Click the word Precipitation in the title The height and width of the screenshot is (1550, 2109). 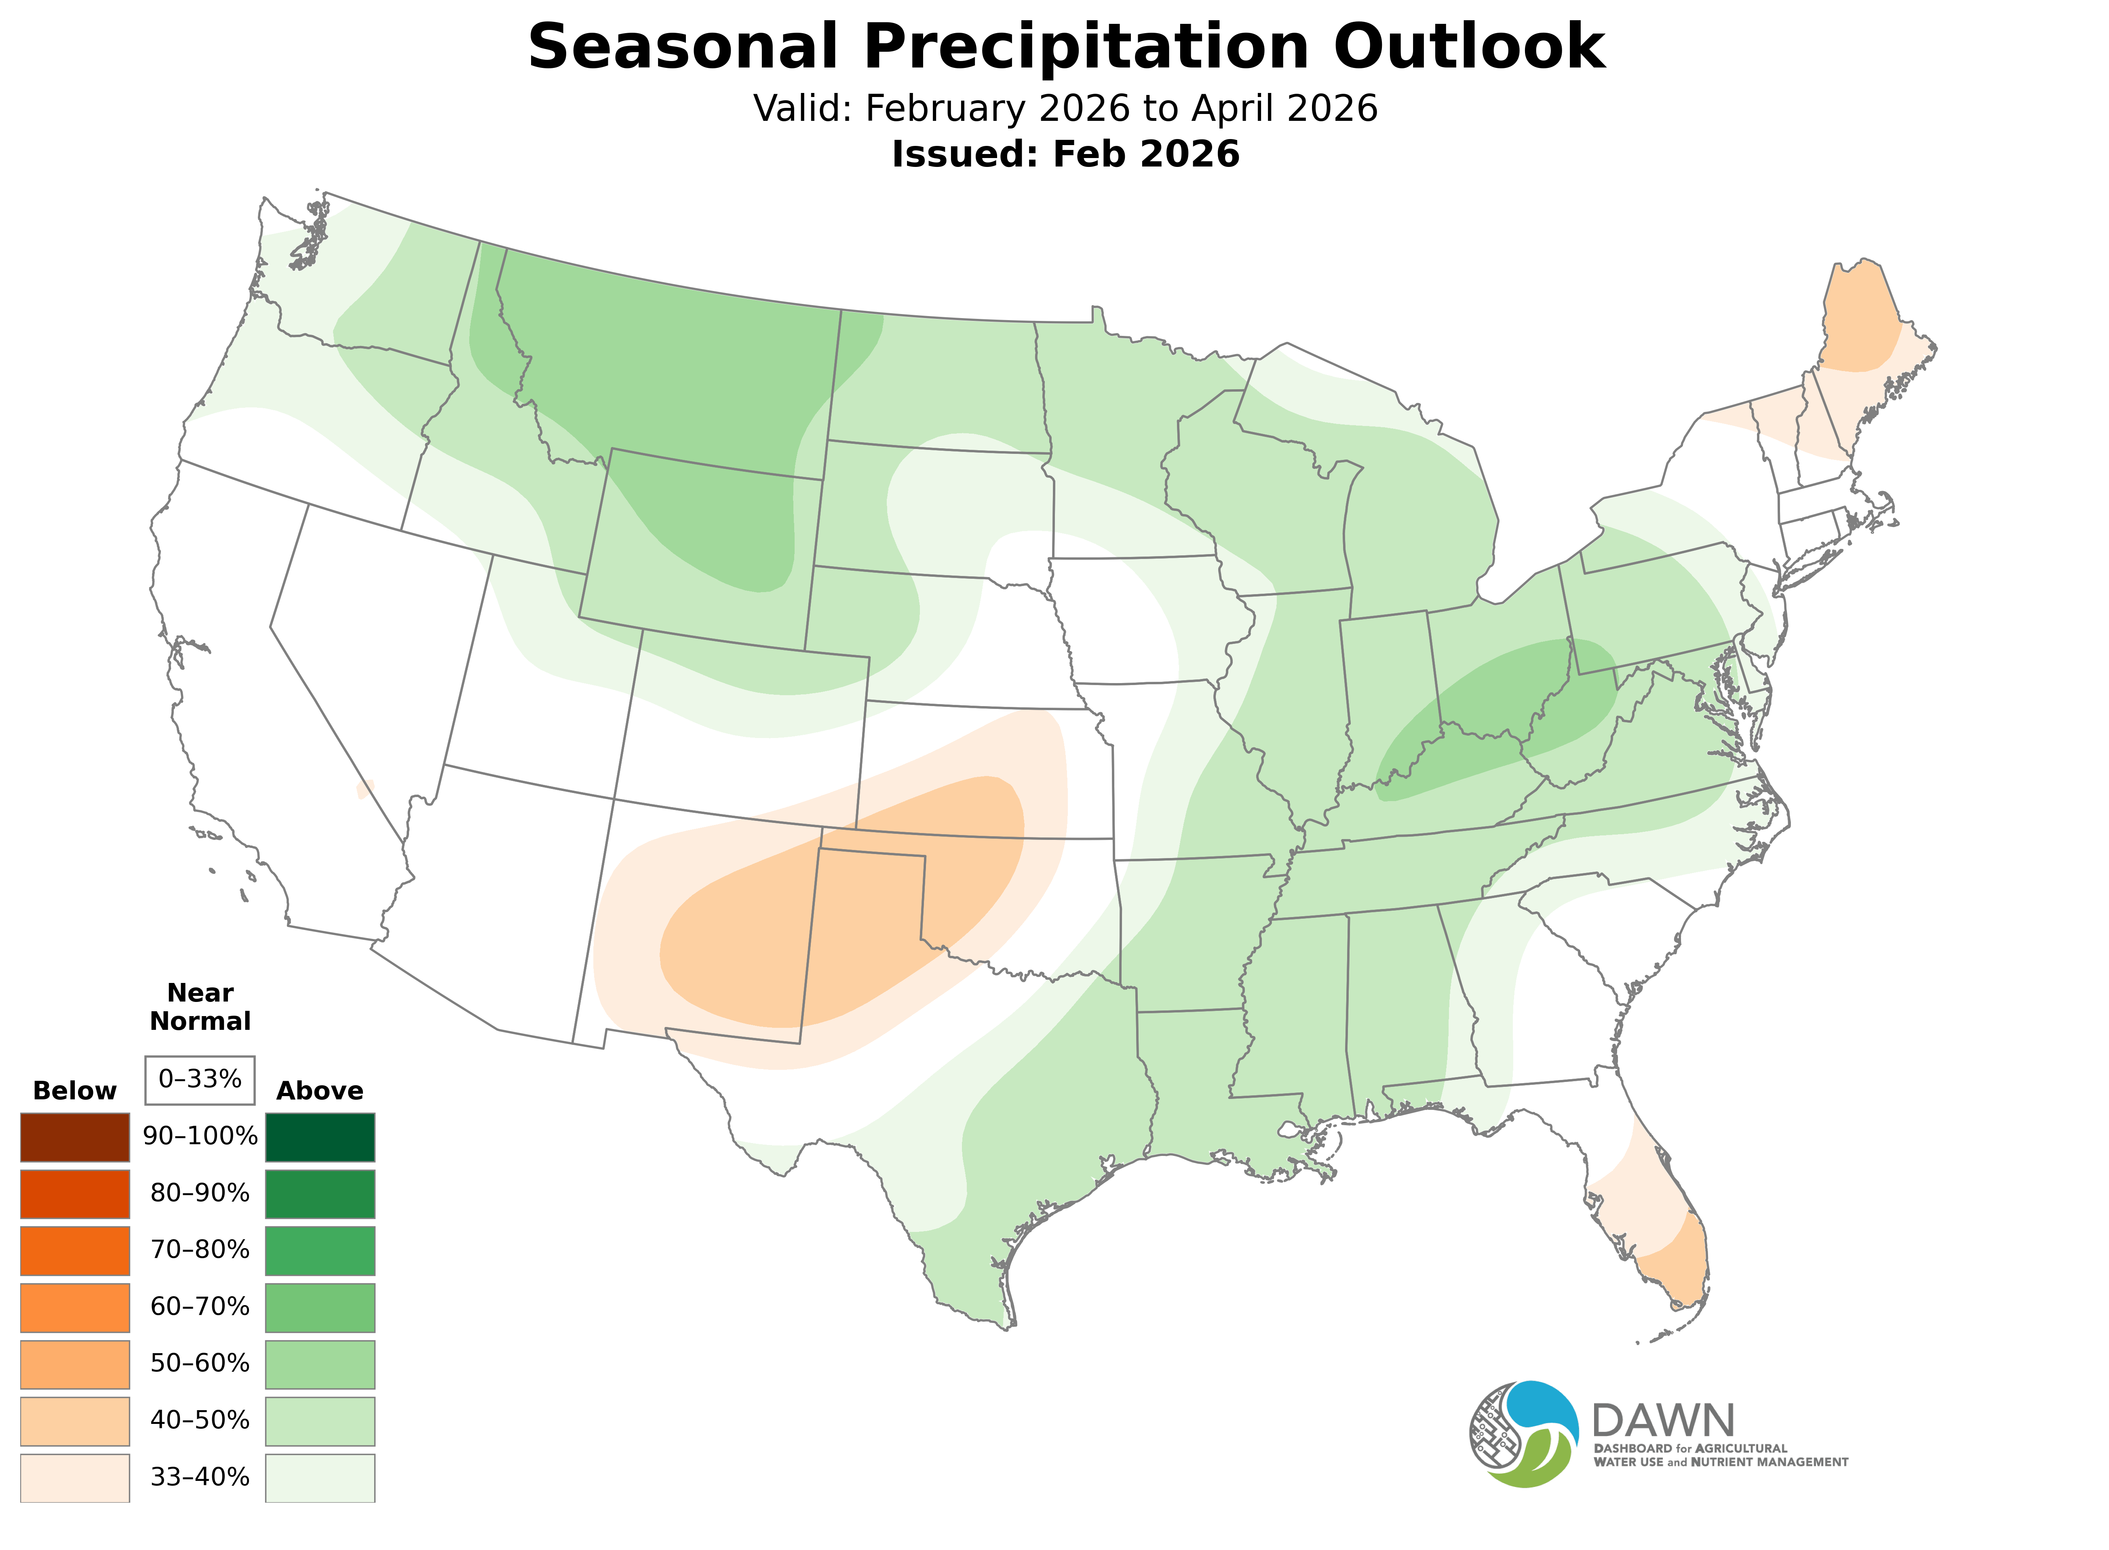point(1086,47)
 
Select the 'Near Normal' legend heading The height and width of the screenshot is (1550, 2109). point(200,1007)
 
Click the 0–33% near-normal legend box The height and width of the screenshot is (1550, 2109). point(200,1079)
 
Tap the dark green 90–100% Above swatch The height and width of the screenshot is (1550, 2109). point(320,1137)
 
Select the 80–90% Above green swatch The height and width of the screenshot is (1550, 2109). point(320,1194)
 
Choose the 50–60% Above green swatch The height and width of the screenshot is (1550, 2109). point(320,1363)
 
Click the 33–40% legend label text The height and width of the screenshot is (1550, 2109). point(200,1477)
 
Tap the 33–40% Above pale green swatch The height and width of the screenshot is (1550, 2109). point(320,1477)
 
